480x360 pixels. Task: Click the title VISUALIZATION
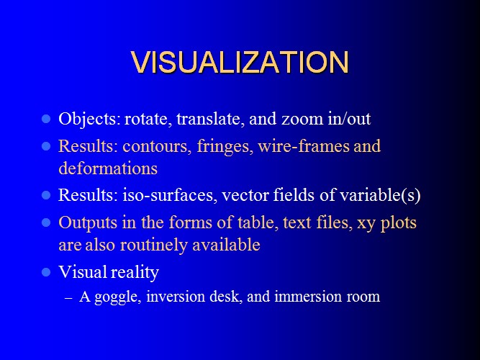click(x=240, y=62)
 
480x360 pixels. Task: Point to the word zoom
click(x=302, y=120)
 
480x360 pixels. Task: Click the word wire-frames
click(x=304, y=146)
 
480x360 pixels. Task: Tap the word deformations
click(x=108, y=168)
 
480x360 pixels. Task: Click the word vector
click(x=245, y=195)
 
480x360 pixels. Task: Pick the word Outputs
click(x=88, y=222)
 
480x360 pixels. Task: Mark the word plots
click(x=399, y=222)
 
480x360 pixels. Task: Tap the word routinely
click(x=154, y=245)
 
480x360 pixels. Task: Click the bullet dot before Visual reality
click(x=46, y=272)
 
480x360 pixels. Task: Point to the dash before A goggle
click(x=69, y=298)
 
